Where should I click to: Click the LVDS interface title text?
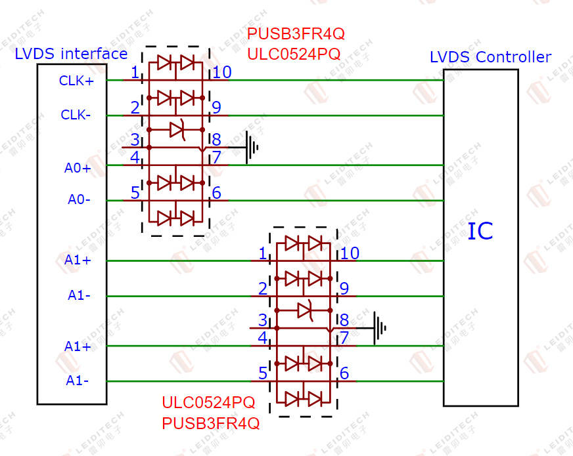71,54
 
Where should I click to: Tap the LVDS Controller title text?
490,57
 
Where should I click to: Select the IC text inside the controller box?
480,231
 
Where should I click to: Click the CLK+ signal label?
76,81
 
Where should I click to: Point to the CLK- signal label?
76,115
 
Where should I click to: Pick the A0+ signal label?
78,168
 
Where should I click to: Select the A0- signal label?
79,199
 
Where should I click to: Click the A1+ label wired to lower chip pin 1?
78,260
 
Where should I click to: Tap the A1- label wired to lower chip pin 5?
77,381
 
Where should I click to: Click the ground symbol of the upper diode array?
252,148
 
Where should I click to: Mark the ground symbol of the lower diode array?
379,328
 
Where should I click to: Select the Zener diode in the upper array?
177,129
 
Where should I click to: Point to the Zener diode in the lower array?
305,310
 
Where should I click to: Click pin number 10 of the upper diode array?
222,72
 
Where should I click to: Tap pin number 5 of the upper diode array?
135,193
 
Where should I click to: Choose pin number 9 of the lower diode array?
344,289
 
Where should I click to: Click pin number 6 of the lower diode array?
344,373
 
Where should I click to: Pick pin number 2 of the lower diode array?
263,289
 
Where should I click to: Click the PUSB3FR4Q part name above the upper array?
296,33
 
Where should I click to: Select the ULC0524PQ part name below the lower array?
208,402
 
